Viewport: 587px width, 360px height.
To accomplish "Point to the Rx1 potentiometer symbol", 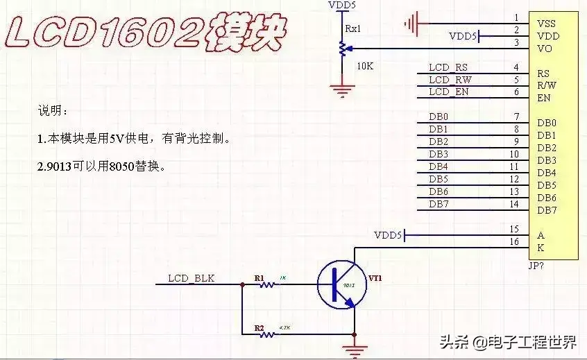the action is click(341, 49).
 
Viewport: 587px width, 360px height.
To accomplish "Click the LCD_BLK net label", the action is click(192, 279).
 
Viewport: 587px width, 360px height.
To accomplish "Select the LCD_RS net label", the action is click(448, 67).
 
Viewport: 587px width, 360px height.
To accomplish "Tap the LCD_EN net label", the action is click(448, 92).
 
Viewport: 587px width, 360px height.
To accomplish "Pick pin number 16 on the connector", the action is click(513, 241).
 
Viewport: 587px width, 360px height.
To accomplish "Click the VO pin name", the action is click(545, 49).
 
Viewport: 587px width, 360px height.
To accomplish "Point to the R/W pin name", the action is click(547, 85).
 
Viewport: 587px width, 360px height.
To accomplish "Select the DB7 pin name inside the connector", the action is click(547, 210).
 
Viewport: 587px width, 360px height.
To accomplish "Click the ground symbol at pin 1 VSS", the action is click(414, 24).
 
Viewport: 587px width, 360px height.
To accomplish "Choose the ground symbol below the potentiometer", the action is click(341, 89).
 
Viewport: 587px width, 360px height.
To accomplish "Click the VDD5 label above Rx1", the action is click(341, 6).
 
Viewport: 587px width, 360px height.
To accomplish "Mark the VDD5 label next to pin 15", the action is click(388, 235).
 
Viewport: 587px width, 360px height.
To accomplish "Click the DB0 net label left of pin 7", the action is click(439, 117).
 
